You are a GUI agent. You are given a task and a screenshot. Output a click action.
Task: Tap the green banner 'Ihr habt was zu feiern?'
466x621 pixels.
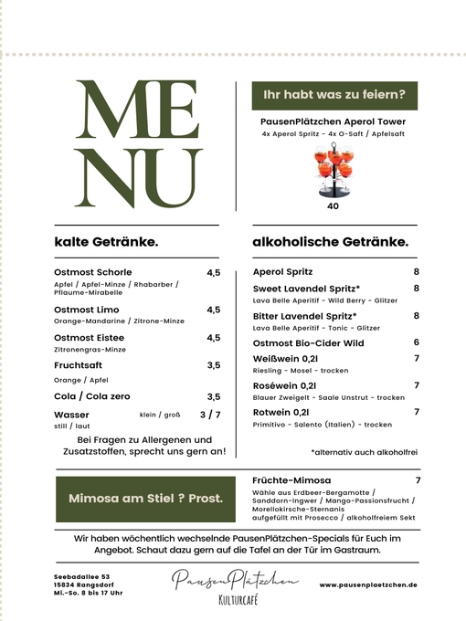(334, 94)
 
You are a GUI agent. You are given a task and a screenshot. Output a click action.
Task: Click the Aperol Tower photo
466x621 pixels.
(334, 171)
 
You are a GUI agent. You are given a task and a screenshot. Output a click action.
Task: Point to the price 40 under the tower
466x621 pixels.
(333, 206)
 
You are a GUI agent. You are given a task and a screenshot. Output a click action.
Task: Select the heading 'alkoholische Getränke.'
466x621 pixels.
(330, 242)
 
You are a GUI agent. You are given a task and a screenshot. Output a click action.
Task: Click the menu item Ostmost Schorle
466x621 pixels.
(93, 272)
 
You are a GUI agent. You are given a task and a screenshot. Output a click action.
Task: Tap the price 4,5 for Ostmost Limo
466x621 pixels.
(213, 310)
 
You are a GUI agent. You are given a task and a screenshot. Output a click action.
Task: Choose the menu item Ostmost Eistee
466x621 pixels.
(90, 338)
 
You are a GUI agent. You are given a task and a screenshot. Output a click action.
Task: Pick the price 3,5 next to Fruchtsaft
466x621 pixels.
(213, 365)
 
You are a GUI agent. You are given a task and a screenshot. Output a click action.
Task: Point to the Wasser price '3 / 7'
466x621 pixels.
(210, 415)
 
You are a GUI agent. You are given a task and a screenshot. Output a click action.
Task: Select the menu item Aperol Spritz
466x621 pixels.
(282, 272)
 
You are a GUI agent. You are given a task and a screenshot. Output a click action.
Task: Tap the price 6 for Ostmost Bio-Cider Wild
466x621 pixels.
(416, 342)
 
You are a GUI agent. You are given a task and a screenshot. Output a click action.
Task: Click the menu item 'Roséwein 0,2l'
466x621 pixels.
(283, 385)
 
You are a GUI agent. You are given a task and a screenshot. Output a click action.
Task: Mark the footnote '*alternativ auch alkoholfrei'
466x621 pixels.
(364, 452)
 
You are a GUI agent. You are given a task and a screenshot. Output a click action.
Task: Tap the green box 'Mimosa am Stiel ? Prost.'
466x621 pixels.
(146, 499)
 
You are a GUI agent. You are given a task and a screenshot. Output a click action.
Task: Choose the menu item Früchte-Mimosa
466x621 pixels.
(291, 480)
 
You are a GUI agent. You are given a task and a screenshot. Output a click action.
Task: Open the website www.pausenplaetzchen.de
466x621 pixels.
(368, 584)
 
